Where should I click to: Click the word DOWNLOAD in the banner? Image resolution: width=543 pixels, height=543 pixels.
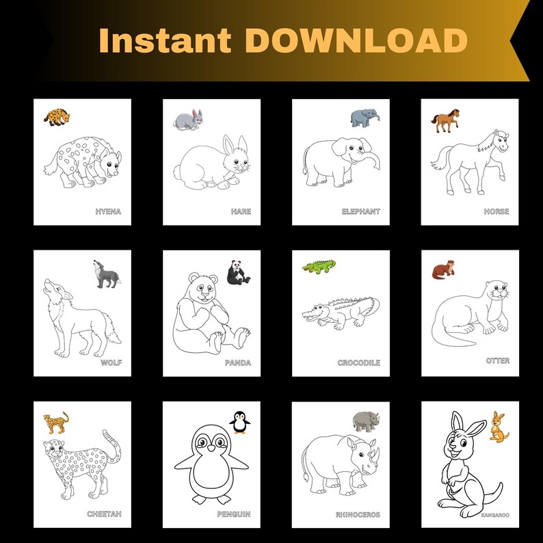click(356, 41)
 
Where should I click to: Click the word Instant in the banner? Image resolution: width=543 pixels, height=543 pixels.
click(167, 41)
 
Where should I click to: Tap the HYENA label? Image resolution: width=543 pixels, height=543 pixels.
click(108, 212)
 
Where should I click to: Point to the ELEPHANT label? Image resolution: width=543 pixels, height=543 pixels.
click(360, 212)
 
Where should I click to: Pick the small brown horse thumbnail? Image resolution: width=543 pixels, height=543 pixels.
click(445, 122)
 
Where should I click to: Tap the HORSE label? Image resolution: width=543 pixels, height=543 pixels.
click(496, 212)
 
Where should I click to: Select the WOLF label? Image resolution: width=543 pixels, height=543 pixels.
click(111, 362)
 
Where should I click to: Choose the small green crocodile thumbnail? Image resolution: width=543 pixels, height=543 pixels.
click(319, 266)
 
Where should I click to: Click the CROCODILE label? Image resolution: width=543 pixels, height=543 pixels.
click(358, 363)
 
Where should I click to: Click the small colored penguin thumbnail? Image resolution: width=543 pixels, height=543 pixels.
click(239, 422)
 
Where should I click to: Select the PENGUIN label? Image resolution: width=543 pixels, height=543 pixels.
click(233, 514)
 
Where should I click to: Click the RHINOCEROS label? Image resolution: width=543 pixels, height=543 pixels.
click(358, 514)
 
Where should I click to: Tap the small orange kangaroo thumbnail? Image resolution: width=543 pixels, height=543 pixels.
click(499, 426)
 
